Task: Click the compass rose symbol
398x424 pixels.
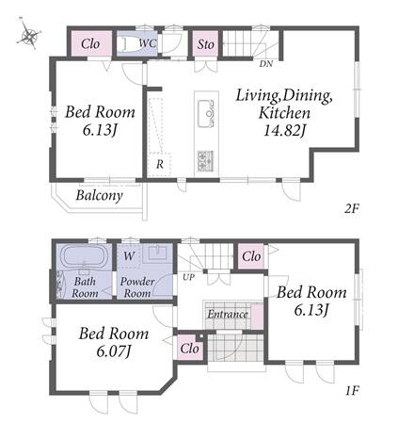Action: [x=29, y=34]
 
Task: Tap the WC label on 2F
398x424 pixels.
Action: [x=148, y=43]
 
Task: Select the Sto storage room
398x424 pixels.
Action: [x=205, y=43]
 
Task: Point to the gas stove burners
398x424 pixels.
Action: [x=206, y=161]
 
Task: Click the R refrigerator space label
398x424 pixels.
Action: [x=160, y=164]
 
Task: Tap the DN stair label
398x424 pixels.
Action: [x=266, y=64]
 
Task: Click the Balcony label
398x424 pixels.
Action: [x=99, y=196]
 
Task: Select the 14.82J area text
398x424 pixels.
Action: [x=284, y=130]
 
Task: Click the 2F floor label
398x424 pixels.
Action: [x=351, y=208]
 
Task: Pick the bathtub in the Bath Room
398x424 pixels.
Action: [x=84, y=256]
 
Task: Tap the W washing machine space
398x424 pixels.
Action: [x=129, y=256]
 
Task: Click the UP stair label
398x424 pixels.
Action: [x=189, y=277]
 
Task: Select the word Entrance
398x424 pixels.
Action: [x=228, y=314]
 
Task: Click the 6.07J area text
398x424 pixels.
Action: [x=114, y=351]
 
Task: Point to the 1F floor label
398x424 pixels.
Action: [x=352, y=390]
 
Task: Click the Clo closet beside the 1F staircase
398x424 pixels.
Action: [x=251, y=256]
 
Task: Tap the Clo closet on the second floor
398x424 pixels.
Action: [x=91, y=43]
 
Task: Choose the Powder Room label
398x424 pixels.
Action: [x=137, y=287]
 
